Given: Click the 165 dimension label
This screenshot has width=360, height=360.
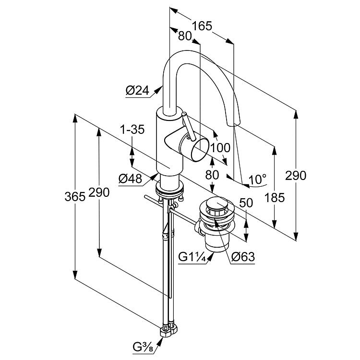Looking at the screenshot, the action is [x=202, y=26].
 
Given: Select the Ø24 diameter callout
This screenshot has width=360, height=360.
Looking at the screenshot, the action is [x=137, y=90].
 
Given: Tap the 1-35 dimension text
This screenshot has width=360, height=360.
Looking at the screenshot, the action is [x=132, y=130].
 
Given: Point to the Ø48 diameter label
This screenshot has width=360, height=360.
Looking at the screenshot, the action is [x=130, y=179].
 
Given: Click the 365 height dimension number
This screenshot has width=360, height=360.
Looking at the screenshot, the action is [x=75, y=197].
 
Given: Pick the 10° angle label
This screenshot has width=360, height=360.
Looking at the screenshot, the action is [x=257, y=180].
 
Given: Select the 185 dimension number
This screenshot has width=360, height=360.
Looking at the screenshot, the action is [x=275, y=197].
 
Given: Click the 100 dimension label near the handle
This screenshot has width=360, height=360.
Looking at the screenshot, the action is [x=220, y=148].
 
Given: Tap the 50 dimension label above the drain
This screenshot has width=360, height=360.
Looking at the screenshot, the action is [x=246, y=203].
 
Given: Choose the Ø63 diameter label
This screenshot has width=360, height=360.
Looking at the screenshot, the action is [x=243, y=257].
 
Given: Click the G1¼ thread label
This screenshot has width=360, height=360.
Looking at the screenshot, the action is [x=192, y=257].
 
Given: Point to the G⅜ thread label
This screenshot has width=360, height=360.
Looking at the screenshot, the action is [x=143, y=348].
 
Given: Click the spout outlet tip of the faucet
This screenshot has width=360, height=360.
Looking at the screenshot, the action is [x=233, y=124].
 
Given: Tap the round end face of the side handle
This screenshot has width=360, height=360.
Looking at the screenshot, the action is [x=200, y=150].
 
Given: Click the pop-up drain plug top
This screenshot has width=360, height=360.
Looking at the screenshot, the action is [x=217, y=204].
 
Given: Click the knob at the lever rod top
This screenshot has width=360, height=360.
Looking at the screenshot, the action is [x=184, y=114].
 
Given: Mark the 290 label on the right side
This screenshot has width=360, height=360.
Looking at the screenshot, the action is [x=296, y=176].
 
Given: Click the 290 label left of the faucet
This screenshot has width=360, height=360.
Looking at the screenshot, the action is [x=99, y=192].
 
